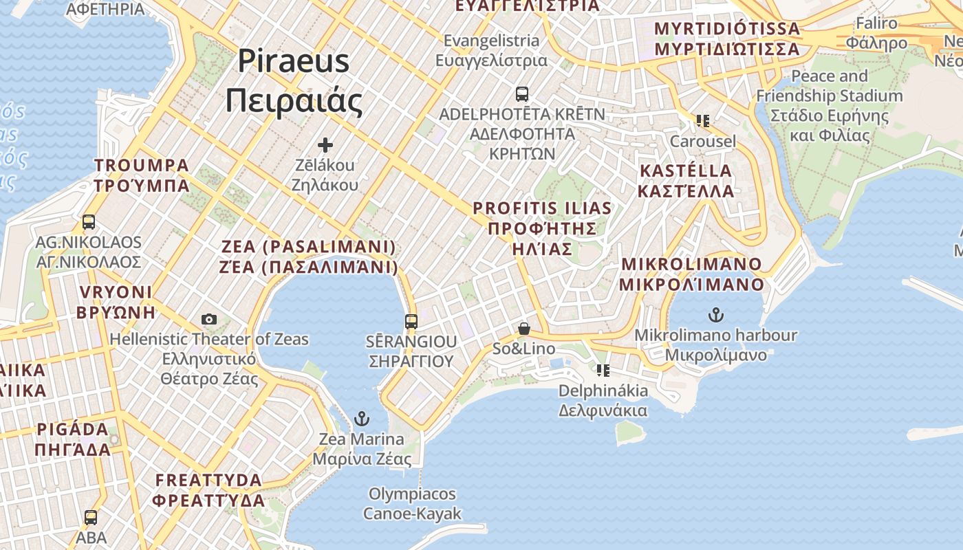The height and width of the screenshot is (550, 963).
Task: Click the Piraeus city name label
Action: click(294, 81)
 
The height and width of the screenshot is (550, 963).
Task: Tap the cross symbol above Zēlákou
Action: click(325, 145)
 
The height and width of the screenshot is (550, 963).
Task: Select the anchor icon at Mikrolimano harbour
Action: click(716, 315)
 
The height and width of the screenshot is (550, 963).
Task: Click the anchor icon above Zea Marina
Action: click(361, 418)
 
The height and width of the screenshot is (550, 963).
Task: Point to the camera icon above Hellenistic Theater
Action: click(209, 319)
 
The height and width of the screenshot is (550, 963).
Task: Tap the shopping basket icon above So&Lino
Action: click(524, 329)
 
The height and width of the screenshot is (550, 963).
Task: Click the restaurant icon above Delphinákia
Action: click(603, 371)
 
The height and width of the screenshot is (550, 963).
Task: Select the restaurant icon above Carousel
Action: click(702, 121)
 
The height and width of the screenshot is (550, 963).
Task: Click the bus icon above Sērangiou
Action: click(411, 321)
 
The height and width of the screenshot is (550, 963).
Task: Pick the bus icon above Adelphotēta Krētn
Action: click(522, 93)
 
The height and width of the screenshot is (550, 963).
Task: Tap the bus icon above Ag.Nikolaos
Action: click(89, 222)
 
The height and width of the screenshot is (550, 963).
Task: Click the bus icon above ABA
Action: click(91, 518)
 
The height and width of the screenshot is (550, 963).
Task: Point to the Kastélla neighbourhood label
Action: click(686, 181)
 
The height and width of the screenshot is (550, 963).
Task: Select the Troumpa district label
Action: click(142, 175)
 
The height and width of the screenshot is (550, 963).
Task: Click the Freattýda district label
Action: click(209, 490)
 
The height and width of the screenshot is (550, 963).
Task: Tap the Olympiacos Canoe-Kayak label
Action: click(412, 504)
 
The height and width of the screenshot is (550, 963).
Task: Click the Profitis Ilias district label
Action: click(542, 228)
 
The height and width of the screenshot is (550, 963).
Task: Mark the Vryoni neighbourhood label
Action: click(116, 302)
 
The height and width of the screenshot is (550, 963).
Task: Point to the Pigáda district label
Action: click(73, 440)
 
